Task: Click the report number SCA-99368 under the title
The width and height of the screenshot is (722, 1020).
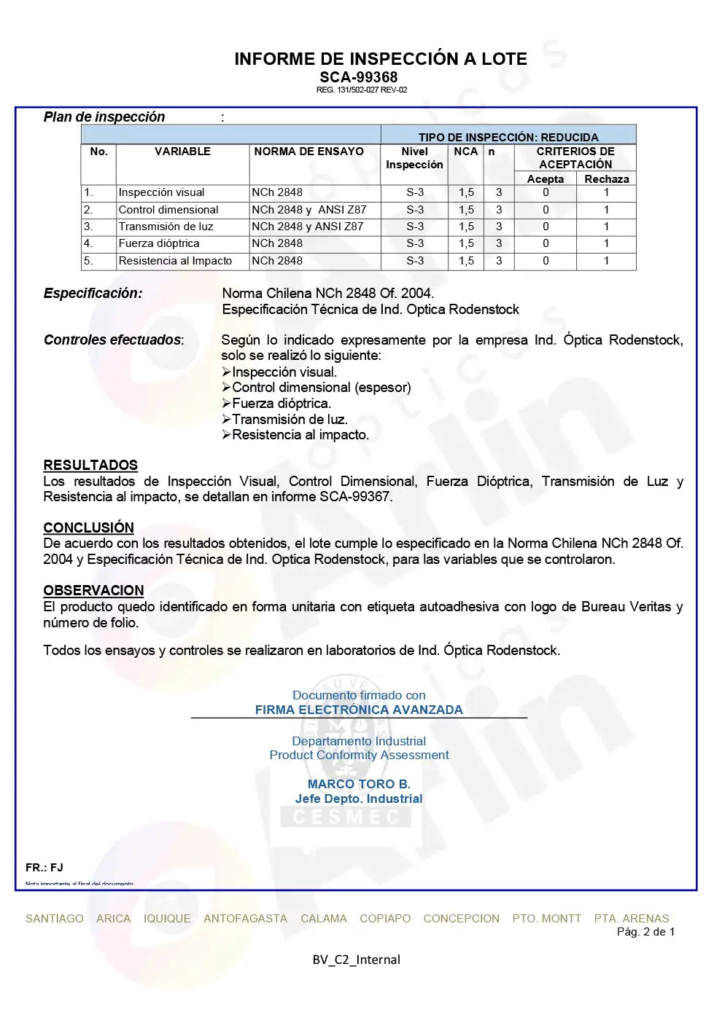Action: [358, 77]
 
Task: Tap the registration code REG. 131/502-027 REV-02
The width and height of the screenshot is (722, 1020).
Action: [361, 90]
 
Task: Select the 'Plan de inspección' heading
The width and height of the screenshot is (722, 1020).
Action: [104, 117]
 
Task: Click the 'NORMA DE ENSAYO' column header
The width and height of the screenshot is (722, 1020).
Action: [308, 152]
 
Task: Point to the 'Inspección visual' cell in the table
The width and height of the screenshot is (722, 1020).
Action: [161, 192]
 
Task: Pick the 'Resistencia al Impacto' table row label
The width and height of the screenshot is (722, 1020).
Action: [175, 261]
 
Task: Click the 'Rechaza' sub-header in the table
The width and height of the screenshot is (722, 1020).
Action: [606, 179]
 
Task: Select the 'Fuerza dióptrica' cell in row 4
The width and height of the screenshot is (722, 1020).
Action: [158, 243]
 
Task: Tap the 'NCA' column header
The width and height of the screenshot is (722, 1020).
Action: [465, 152]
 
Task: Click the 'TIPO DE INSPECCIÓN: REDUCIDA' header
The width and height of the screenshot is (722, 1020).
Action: [508, 137]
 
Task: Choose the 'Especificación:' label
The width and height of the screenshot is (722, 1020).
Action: [93, 294]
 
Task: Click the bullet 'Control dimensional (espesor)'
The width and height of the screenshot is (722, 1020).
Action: [321, 388]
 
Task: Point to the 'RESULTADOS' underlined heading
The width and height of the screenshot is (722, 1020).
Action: [90, 466]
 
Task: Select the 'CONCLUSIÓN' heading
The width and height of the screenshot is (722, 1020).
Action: [88, 527]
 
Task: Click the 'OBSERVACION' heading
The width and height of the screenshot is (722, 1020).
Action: [93, 591]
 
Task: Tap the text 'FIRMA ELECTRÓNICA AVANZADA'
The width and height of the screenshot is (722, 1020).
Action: [359, 710]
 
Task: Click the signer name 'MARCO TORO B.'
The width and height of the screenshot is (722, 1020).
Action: [359, 784]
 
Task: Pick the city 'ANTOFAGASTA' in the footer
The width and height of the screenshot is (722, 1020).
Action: [245, 919]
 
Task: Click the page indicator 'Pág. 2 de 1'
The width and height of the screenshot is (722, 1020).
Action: [645, 932]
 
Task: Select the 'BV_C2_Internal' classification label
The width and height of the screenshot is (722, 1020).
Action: [356, 960]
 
